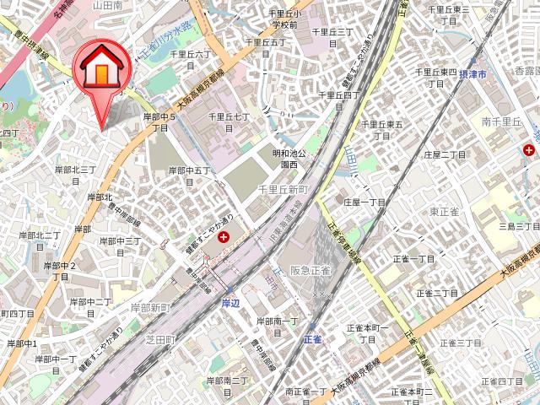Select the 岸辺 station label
tap(231, 301)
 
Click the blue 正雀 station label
tap(312, 338)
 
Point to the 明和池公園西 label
tap(287, 159)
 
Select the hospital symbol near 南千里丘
tap(529, 149)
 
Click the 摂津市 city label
tap(494, 75)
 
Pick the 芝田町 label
tap(158, 339)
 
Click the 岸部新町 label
tap(150, 309)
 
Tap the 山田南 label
tap(108, 5)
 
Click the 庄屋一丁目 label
tap(364, 202)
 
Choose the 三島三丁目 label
tap(518, 227)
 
